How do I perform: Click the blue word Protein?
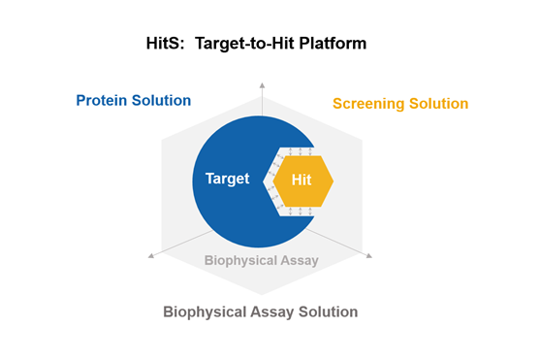click(x=104, y=101)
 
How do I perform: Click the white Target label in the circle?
click(x=227, y=179)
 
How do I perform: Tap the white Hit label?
click(x=303, y=180)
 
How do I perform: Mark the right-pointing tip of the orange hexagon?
click(x=334, y=180)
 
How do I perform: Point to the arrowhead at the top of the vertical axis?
click(x=261, y=86)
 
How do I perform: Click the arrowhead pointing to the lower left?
click(x=150, y=256)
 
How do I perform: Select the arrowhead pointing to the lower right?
click(x=370, y=256)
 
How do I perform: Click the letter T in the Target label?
click(x=208, y=179)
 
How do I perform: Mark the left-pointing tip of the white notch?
click(x=262, y=180)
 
